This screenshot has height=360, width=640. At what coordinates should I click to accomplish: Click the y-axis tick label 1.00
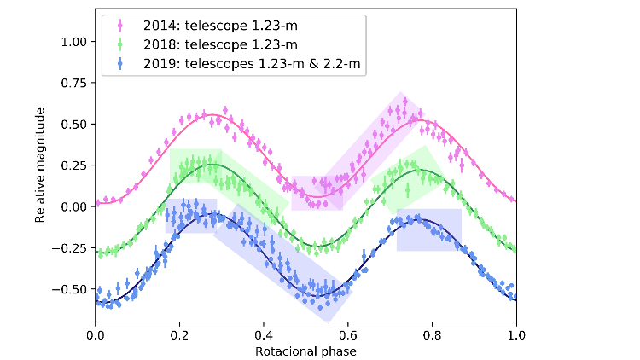coord(74,41)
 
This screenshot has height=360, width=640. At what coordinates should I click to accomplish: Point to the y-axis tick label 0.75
coord(74,83)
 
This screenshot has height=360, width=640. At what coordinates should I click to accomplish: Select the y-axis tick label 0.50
coord(74,124)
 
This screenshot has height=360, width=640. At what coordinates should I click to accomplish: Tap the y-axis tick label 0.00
coord(74,206)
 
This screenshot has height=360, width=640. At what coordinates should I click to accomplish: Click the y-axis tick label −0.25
coord(72,247)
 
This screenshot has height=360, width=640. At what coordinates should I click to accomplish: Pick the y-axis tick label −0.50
coord(72,288)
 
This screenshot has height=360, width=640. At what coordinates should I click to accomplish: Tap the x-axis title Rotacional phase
coord(305,351)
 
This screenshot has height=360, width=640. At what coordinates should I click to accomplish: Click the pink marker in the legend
coord(118,24)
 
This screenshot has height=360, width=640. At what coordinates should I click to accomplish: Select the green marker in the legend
coord(118,43)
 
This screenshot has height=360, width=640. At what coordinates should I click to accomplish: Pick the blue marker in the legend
coord(118,61)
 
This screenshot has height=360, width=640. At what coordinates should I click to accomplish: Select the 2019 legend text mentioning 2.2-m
coord(248,61)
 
